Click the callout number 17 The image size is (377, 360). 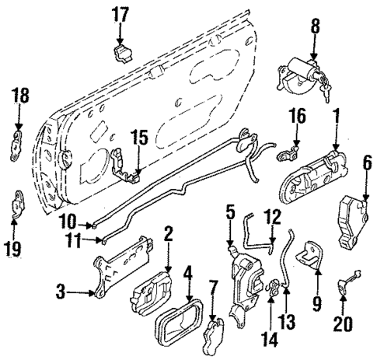click(x=120, y=13)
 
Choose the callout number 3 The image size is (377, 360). click(x=60, y=293)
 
